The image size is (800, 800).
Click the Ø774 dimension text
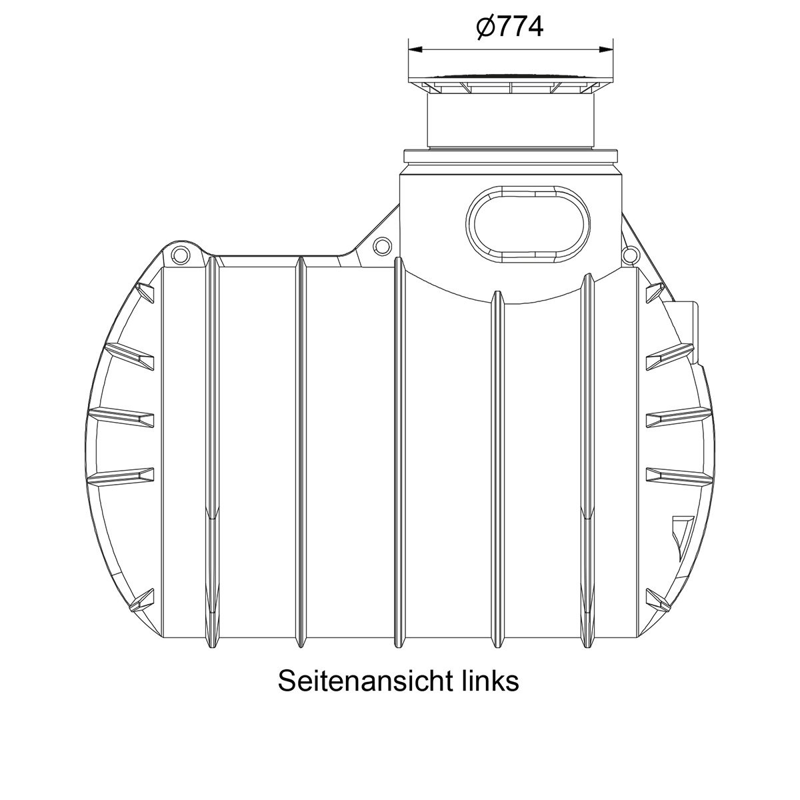coord(510,27)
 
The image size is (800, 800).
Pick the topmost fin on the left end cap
coord(144,292)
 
